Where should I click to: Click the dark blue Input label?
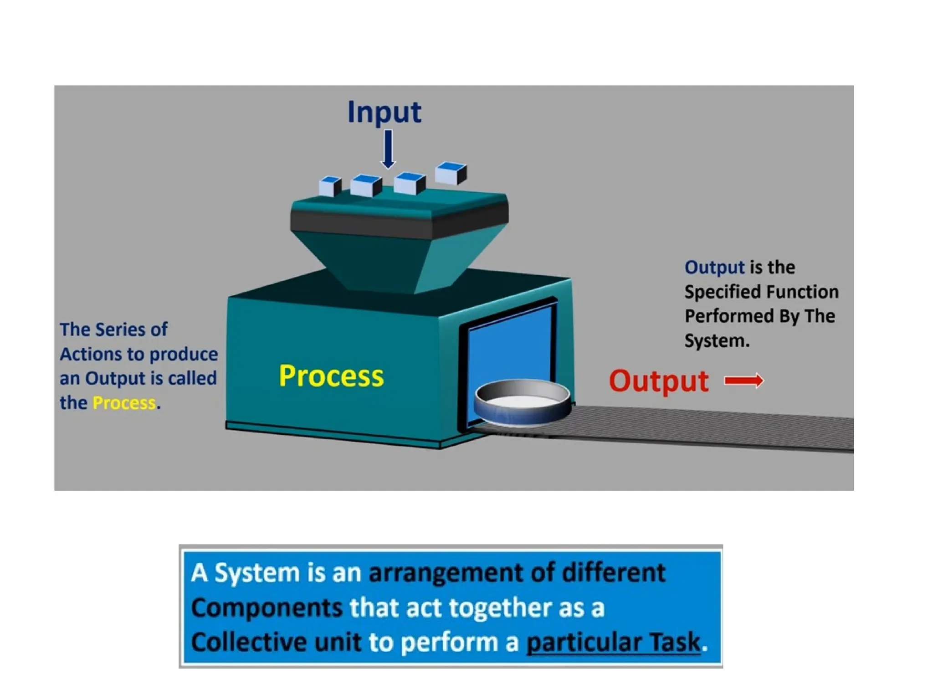click(384, 112)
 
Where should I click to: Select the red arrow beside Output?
click(743, 381)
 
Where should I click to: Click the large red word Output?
click(659, 381)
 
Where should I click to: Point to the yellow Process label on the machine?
click(331, 376)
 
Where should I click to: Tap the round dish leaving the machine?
click(522, 404)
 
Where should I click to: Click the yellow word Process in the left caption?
click(124, 403)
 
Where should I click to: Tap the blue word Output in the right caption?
click(714, 268)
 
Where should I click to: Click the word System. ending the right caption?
click(717, 341)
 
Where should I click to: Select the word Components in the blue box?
click(267, 608)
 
